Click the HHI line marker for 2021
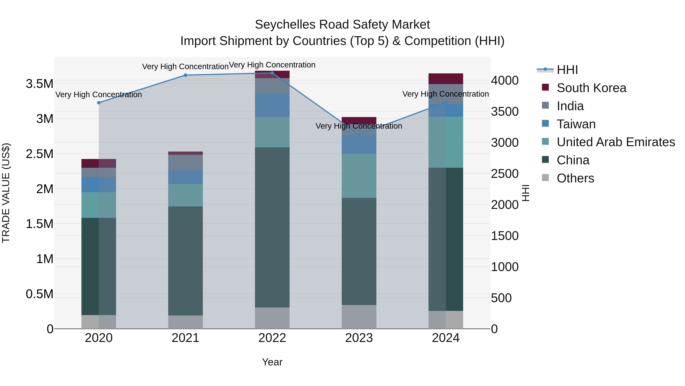coord(185,75)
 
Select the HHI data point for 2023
coord(359,135)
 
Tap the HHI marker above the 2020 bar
coord(99,103)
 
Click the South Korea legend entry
coord(591,88)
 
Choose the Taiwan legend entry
coord(576,124)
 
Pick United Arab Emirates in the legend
coord(616,142)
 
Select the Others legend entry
coord(575,178)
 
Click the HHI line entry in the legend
coord(567,70)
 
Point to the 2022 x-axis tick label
coord(272,338)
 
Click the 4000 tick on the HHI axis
coord(504,80)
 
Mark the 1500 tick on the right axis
coord(504,236)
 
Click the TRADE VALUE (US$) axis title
coord(6,193)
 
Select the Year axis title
coord(272,362)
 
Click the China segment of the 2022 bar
coord(272,227)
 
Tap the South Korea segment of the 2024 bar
coord(446,79)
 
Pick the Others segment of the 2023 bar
coord(359,317)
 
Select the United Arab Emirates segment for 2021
coord(185,195)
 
